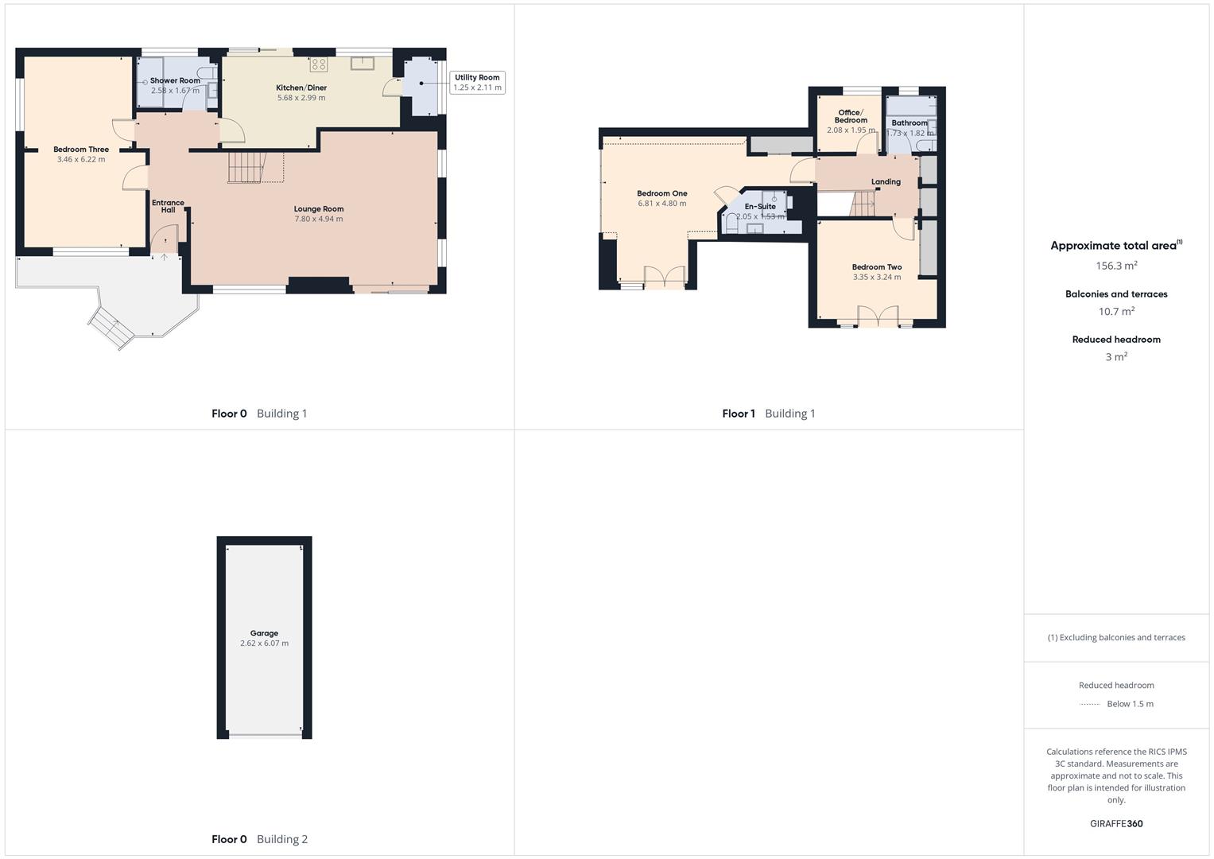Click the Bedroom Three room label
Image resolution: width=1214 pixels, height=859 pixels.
tap(81, 150)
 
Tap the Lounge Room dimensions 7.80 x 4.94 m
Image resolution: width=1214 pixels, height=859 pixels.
tap(319, 219)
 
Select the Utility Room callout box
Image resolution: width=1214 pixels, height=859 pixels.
tap(477, 83)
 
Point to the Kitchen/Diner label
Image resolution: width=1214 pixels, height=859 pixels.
tap(301, 87)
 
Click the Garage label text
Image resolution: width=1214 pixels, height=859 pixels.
tap(264, 634)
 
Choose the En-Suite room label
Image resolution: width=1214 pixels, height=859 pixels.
tap(760, 207)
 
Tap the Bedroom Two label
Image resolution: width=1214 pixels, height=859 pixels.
tap(877, 267)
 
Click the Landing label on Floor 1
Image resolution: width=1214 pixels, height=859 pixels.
tap(886, 182)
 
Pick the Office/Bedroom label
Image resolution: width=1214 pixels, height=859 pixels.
tap(851, 116)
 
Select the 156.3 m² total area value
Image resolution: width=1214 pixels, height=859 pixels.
tap(1116, 266)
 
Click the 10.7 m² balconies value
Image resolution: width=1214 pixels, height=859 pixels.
tap(1116, 312)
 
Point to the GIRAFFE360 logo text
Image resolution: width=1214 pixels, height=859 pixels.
tap(1116, 824)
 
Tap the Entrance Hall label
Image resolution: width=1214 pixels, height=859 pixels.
tap(168, 206)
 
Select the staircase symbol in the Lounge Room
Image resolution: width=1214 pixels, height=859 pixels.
tap(246, 167)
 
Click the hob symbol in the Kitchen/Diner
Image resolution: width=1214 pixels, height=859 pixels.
tap(319, 64)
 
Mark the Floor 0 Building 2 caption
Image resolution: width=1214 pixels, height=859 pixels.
tap(259, 839)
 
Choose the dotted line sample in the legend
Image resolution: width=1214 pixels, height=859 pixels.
tap(1090, 704)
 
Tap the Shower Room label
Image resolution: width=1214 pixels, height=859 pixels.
tap(175, 81)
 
